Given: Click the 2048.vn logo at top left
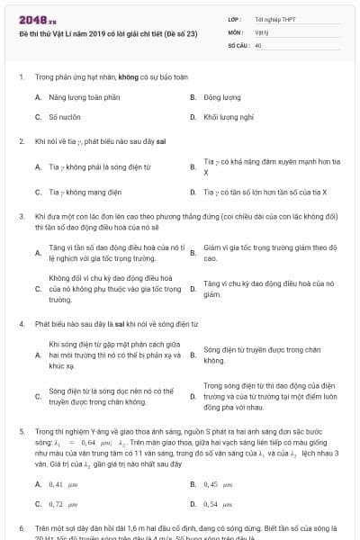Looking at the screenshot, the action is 35,19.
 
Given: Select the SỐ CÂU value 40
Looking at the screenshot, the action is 258,43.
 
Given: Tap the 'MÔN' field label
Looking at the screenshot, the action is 236,31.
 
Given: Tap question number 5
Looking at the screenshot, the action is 21,431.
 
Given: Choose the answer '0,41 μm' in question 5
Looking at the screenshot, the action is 64,483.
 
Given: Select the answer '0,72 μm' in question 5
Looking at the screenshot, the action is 62,504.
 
